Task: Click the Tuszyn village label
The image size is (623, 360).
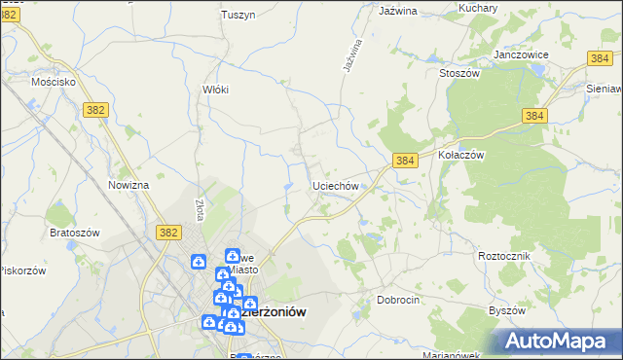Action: click(238, 15)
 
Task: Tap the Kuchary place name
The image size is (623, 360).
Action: click(477, 9)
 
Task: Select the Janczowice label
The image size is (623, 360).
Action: click(522, 54)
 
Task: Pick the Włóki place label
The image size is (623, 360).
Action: click(215, 90)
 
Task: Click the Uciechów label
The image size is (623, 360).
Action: click(337, 185)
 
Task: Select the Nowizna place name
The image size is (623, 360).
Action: click(128, 185)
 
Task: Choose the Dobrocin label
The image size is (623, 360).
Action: click(398, 301)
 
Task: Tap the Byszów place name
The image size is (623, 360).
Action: click(506, 310)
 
